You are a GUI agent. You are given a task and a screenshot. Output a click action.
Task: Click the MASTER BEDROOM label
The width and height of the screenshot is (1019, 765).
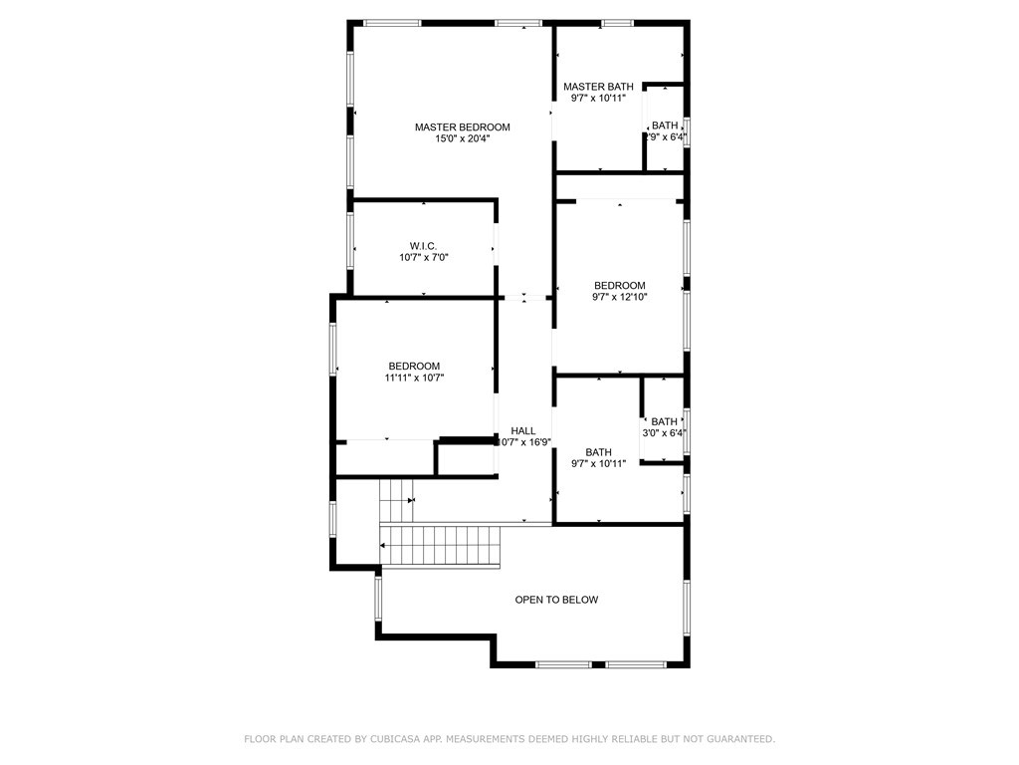point(462,127)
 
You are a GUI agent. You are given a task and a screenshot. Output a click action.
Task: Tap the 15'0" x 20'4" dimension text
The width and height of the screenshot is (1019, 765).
point(462,139)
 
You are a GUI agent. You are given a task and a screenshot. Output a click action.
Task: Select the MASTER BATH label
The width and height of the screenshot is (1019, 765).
point(598,87)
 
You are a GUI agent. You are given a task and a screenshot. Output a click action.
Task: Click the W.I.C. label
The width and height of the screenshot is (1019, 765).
point(423,246)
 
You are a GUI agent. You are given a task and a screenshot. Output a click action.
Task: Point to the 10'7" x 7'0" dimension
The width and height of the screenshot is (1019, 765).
point(423,258)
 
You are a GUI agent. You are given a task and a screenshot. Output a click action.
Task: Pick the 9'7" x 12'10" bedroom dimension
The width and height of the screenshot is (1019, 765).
point(619,297)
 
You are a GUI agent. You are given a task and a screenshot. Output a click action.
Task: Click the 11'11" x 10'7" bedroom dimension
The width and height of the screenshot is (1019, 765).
point(414,378)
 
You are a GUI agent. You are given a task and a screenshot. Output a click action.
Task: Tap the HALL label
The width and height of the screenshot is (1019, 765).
point(523,430)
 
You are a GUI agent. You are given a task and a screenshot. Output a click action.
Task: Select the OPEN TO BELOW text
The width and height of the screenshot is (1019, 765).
point(556,600)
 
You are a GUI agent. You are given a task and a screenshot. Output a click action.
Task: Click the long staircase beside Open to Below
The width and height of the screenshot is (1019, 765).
point(442,545)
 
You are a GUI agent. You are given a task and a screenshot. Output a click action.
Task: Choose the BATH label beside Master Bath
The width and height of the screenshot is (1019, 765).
point(665,126)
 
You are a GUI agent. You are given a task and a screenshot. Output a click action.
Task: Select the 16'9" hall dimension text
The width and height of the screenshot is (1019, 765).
point(531,442)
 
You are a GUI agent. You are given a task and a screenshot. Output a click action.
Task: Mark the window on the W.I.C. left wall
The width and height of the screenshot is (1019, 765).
point(350,240)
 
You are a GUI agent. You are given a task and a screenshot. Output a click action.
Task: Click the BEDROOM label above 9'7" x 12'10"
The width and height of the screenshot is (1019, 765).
point(619,285)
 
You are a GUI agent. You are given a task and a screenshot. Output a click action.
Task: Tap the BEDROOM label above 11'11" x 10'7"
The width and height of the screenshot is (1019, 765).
point(414,366)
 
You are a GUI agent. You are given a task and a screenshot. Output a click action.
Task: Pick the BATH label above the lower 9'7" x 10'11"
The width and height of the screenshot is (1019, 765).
point(598,452)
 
